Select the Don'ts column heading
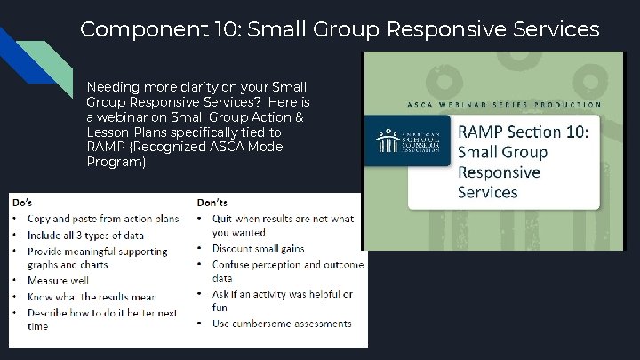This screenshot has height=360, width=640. [x=212, y=203]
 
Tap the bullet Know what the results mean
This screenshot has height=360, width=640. [x=92, y=297]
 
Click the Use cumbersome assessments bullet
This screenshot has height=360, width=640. [x=282, y=324]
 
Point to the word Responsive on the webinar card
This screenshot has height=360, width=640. [x=499, y=172]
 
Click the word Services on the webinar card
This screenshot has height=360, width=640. [x=487, y=192]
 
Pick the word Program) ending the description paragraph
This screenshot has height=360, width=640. [x=116, y=162]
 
